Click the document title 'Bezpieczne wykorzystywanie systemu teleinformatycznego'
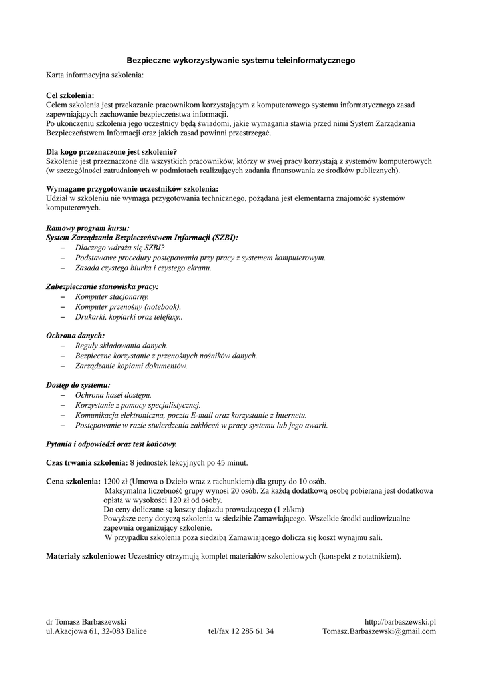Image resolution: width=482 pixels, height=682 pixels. tap(241, 61)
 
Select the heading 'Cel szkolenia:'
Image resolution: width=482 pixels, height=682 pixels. tap(70, 96)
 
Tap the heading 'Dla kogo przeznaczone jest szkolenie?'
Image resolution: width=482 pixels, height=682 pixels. tap(111, 152)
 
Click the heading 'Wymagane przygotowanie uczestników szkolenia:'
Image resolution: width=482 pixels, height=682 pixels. tap(132, 189)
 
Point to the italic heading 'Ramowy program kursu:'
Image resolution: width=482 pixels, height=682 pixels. tap(87, 228)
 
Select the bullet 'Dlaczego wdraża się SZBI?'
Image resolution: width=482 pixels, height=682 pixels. tap(120, 247)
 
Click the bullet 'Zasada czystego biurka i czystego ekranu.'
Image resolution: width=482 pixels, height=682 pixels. tap(143, 268)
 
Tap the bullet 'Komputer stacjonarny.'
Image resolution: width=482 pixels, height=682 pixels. tap(112, 296)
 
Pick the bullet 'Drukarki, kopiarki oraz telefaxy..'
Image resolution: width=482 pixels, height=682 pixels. tap(129, 317)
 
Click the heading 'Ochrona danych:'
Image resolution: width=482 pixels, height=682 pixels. tap(75, 336)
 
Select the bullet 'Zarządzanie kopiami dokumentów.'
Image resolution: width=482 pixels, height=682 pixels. tap(131, 366)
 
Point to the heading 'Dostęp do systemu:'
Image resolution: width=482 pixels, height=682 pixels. tap(78, 385)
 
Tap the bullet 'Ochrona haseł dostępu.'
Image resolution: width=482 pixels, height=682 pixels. tap(113, 395)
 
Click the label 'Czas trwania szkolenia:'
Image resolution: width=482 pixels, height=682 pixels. tap(87, 462)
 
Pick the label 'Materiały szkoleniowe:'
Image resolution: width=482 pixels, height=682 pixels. tap(86, 556)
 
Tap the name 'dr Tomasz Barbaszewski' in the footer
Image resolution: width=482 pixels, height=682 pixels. tap(86, 621)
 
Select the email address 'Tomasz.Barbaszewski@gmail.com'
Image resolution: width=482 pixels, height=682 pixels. tap(379, 631)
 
